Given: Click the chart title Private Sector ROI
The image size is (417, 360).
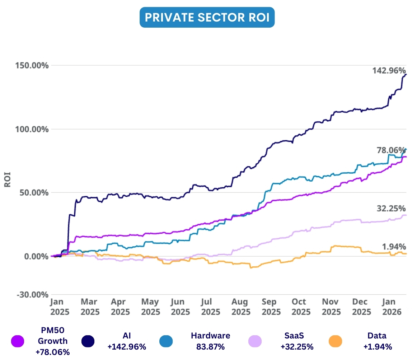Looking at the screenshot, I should [x=207, y=18].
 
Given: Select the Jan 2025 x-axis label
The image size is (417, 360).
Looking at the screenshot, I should [x=57, y=307].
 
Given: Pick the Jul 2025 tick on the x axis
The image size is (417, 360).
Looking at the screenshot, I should [x=211, y=307].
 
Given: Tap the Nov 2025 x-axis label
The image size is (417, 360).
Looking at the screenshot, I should [x=331, y=307].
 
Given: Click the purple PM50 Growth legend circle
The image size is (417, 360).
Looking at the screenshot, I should [x=18, y=341].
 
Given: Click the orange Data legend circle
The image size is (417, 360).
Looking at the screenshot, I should [x=336, y=341].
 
